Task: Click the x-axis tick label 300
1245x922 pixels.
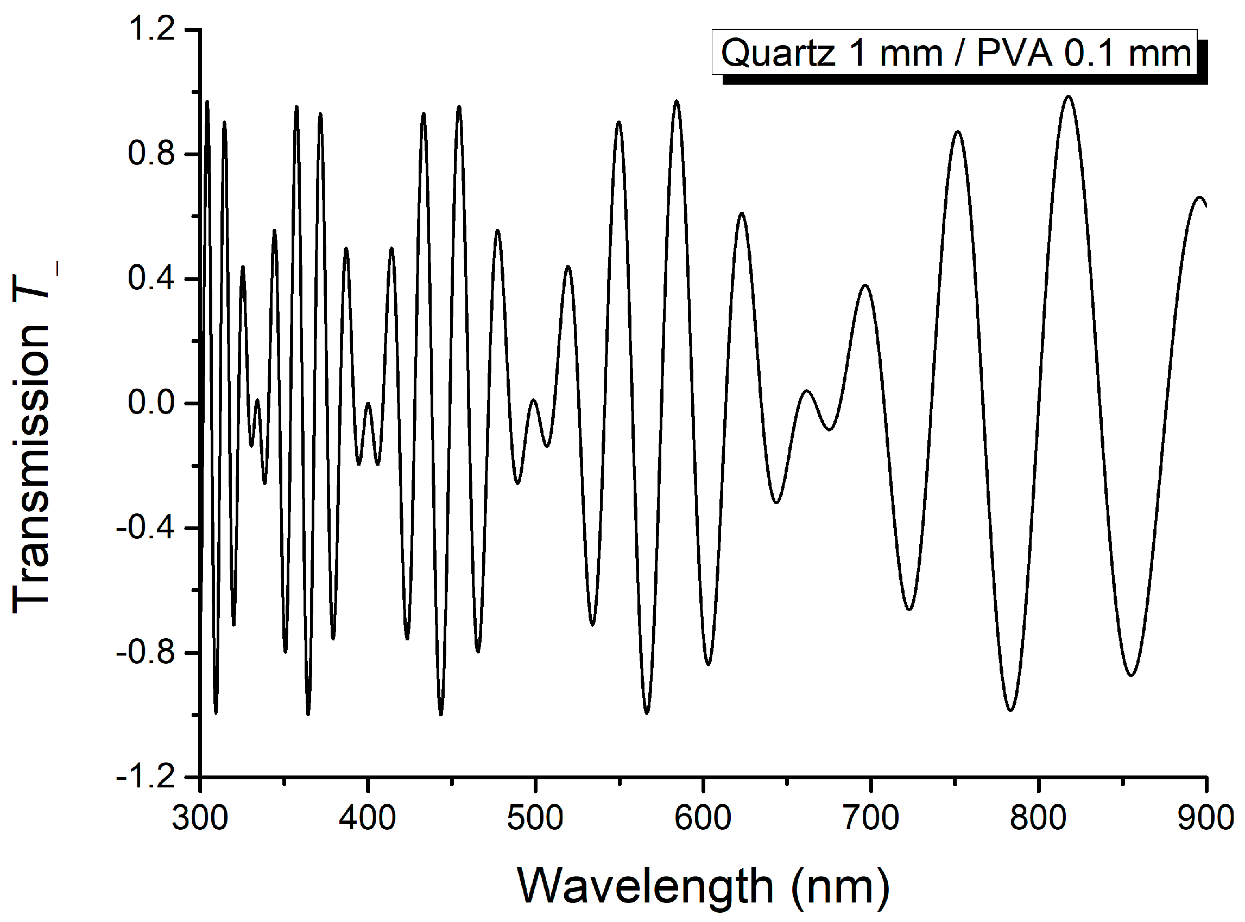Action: [x=199, y=819]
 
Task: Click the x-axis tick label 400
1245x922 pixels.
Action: [x=368, y=819]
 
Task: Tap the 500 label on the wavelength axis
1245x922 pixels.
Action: [x=535, y=819]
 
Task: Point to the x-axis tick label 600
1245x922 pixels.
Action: [x=703, y=819]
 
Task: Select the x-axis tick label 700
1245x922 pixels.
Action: [x=871, y=819]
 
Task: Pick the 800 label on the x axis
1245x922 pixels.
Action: [x=1039, y=819]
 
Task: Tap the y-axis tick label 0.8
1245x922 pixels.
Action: [x=152, y=154]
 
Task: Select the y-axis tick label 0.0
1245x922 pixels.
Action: [x=152, y=403]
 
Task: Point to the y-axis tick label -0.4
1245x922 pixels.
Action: [x=146, y=528]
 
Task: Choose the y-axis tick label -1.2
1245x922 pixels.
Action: [x=146, y=777]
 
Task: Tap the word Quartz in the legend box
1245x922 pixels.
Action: [x=778, y=54]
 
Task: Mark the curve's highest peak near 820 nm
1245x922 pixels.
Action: [x=1069, y=97]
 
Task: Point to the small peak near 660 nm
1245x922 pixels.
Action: [x=807, y=391]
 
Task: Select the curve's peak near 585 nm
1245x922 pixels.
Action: [x=677, y=101]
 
